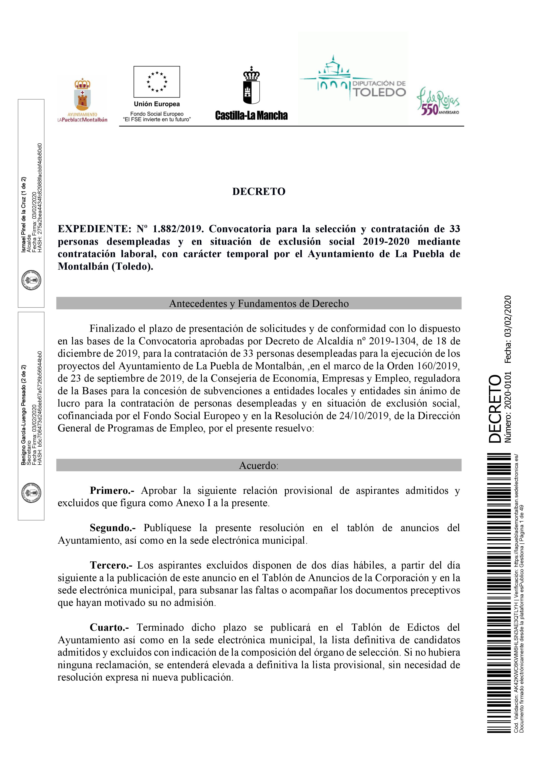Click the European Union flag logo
point(157,81)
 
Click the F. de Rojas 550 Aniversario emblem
point(438,101)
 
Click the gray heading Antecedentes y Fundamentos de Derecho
point(259,303)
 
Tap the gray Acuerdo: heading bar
point(259,465)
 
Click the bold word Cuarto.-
point(109,627)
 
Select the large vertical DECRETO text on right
point(495,409)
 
